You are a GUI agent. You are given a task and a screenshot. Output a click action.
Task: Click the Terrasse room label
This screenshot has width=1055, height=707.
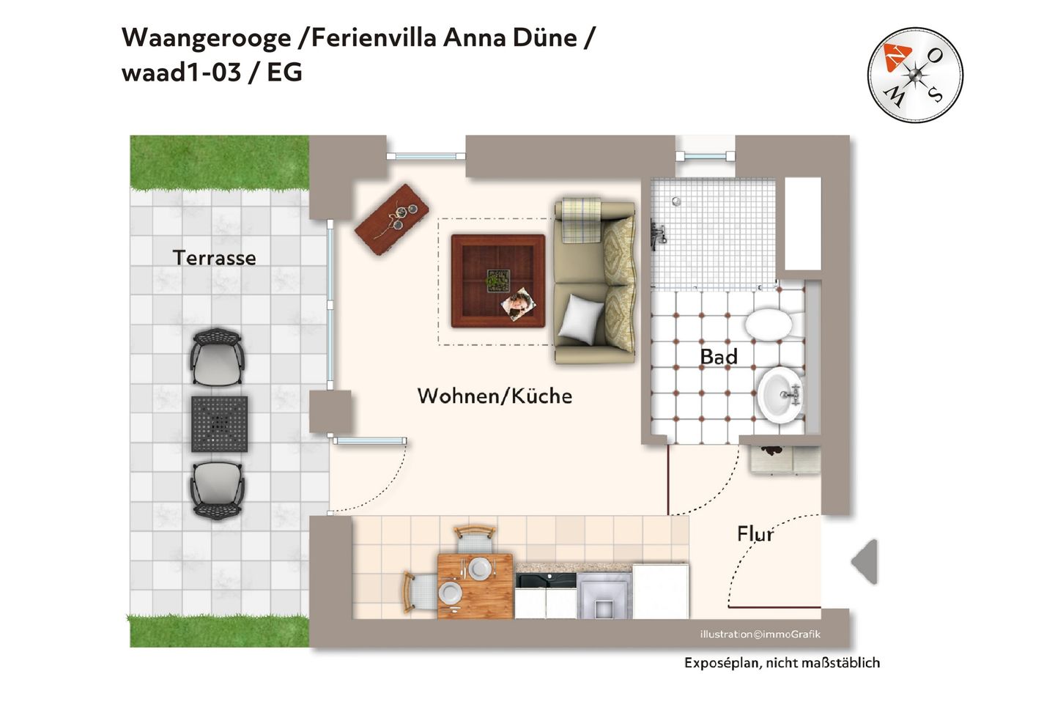[214, 258]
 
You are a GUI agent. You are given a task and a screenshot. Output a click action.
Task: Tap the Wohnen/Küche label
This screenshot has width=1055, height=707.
[495, 396]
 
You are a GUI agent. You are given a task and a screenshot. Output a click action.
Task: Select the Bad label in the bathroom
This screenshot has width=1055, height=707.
[718, 357]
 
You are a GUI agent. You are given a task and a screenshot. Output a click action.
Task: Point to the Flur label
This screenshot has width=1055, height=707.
[755, 534]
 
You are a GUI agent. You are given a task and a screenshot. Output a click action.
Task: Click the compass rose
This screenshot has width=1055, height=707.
[914, 75]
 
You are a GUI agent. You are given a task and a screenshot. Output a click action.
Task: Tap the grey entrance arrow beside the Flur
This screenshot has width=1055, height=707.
[865, 562]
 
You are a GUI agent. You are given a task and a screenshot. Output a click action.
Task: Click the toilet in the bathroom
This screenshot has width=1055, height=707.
[769, 324]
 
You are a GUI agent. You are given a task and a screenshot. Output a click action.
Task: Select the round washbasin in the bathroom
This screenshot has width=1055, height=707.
[780, 395]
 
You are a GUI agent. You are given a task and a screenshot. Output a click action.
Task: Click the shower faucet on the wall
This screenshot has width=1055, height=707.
[658, 235]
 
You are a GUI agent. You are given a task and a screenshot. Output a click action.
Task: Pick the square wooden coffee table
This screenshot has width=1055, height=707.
[497, 281]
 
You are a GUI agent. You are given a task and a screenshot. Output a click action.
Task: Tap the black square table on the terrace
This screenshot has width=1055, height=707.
[219, 423]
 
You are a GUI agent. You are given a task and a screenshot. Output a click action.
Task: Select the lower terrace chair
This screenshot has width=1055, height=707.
[217, 489]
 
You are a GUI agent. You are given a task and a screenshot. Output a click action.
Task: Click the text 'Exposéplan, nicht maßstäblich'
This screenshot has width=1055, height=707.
[782, 663]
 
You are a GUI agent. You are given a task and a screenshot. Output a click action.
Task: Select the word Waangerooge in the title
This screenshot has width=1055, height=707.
[206, 37]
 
